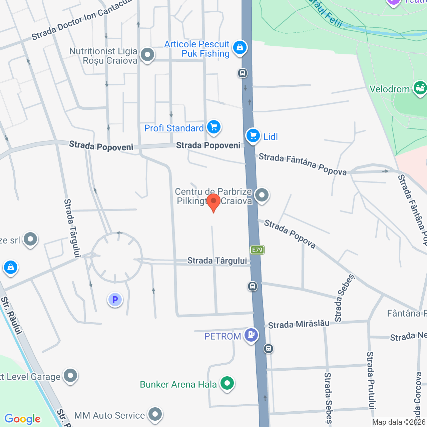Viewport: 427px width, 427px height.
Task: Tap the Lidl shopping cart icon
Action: point(253,135)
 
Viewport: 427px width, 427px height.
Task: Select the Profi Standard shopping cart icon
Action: point(214,127)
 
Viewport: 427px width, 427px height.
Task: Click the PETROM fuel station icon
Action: point(251,335)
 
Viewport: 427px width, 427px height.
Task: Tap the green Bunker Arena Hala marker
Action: point(227,383)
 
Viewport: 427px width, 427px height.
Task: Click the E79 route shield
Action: point(257,250)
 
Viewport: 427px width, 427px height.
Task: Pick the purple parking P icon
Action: point(115,300)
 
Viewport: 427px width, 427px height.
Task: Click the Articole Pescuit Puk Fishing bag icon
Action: point(240,48)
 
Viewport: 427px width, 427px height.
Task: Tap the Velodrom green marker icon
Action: point(420,88)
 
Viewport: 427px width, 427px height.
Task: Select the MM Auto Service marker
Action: point(155,415)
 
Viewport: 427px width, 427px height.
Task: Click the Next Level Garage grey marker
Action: point(70,376)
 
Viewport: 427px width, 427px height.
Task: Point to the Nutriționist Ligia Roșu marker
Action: point(147,55)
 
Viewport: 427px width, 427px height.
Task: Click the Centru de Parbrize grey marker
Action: point(262,195)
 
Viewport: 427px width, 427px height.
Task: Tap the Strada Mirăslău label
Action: point(299,324)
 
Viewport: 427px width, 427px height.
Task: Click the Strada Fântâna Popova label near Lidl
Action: point(303,164)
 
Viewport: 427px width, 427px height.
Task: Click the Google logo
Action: point(23,419)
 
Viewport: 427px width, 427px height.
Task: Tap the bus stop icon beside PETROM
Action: point(269,349)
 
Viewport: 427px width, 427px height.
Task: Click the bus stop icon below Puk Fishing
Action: point(243,73)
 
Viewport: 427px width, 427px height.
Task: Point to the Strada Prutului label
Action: point(371,380)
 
